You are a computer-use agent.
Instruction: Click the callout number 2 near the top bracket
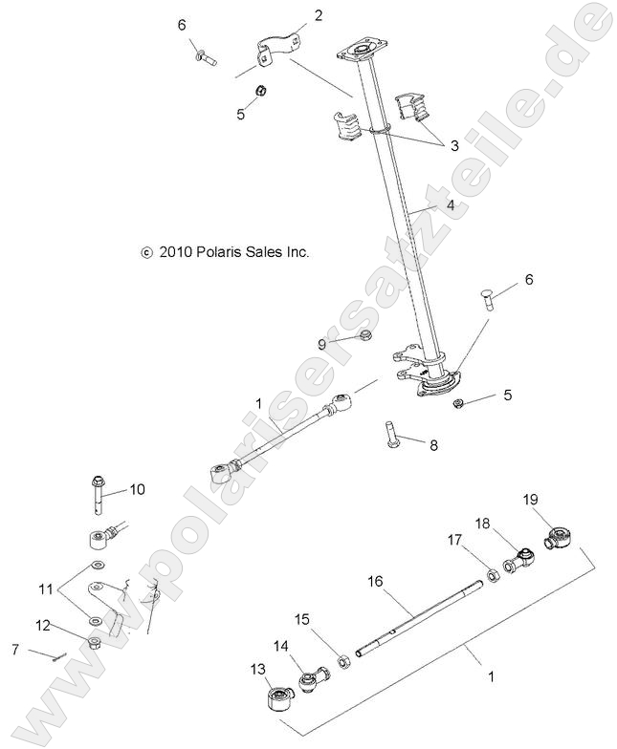pyautogui.click(x=291, y=14)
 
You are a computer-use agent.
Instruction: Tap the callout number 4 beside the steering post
pyautogui.click(x=449, y=204)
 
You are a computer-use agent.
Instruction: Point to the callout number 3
pyautogui.click(x=454, y=146)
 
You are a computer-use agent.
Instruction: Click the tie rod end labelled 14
pyautogui.click(x=312, y=682)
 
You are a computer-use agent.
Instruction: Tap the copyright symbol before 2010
pyautogui.click(x=146, y=253)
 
